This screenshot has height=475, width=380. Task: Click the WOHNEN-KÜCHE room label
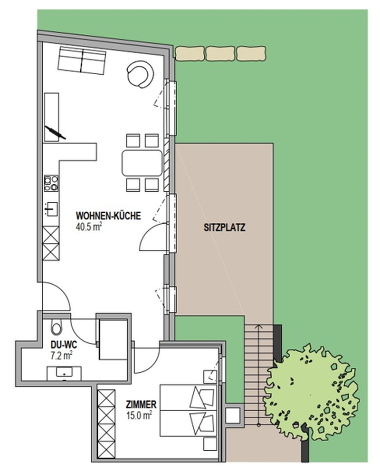click(108, 216)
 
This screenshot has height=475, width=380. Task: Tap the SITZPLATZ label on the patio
click(224, 228)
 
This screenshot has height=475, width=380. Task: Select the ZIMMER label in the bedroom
click(141, 404)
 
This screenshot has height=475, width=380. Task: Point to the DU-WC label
click(64, 345)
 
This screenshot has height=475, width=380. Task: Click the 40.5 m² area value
click(88, 227)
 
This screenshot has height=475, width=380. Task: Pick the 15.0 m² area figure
click(139, 415)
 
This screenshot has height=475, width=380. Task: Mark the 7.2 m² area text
click(61, 356)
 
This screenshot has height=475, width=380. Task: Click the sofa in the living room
click(82, 60)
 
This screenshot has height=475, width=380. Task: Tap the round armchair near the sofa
click(140, 74)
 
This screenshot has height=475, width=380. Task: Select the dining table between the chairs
click(142, 163)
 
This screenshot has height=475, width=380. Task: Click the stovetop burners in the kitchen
click(51, 183)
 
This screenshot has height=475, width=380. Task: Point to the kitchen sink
click(51, 209)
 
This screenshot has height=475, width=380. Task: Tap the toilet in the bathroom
click(56, 327)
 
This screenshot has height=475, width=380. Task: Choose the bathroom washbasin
click(64, 373)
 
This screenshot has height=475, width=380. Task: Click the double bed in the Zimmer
click(188, 411)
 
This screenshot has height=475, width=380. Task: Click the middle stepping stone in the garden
click(220, 54)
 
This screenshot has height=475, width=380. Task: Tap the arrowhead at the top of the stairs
click(258, 327)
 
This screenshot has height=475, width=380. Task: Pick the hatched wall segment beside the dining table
click(166, 165)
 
